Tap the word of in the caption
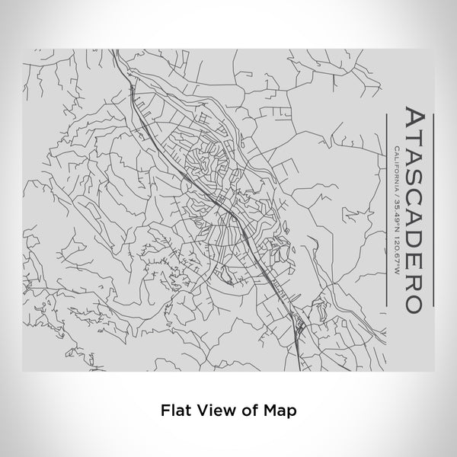click(x=244, y=410)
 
